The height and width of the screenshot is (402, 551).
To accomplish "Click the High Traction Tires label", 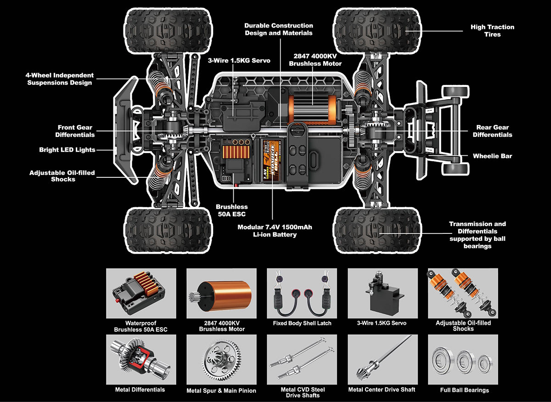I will pos(492,31).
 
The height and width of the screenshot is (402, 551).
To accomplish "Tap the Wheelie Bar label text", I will pos(492,156).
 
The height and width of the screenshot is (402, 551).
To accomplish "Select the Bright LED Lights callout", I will pos(67,150).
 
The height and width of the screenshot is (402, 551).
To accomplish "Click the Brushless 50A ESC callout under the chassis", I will pos(231,210).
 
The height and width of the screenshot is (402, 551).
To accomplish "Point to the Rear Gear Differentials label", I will pos(492,131).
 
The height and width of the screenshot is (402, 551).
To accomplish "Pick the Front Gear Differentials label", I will pos(75,131).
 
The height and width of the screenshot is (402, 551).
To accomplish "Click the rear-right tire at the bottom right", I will pos(378,229).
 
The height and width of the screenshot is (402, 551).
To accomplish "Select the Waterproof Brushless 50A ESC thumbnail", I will pos(141,293).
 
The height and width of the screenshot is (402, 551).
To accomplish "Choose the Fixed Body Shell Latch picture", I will pos(302,293).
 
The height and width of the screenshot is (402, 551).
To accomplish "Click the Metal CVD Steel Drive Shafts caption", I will pos(303,392).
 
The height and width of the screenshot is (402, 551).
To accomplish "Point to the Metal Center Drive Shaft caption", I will pos(382,390).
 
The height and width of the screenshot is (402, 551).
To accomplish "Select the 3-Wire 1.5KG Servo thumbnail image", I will pos(382,293).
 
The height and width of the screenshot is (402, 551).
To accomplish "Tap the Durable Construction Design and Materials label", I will pos(278,29).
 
